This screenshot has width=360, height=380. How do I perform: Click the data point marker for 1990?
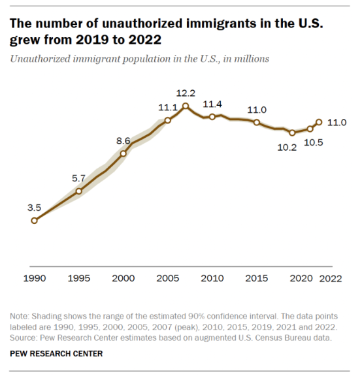[34, 221]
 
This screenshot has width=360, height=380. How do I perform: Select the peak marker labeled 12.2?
[186, 106]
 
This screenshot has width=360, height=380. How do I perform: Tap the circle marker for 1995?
[79, 191]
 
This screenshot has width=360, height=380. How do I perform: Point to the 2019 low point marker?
[292, 133]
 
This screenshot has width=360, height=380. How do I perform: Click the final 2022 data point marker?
[319, 122]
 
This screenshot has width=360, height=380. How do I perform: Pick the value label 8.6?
[123, 141]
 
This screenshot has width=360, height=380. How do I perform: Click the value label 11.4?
[212, 104]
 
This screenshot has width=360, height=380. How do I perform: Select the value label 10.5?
[314, 142]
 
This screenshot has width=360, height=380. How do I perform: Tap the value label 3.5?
[34, 208]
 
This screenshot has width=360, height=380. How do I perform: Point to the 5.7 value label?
[78, 178]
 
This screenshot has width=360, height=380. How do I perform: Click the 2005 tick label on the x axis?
[168, 278]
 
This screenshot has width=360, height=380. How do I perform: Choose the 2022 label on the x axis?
[331, 279]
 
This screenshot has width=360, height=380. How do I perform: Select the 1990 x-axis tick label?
[35, 278]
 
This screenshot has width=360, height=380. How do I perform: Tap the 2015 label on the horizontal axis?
[256, 278]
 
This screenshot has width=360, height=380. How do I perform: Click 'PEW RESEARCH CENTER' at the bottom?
[56, 354]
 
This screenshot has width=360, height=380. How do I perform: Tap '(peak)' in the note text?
[186, 327]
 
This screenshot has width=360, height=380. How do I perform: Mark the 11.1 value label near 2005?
[168, 107]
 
